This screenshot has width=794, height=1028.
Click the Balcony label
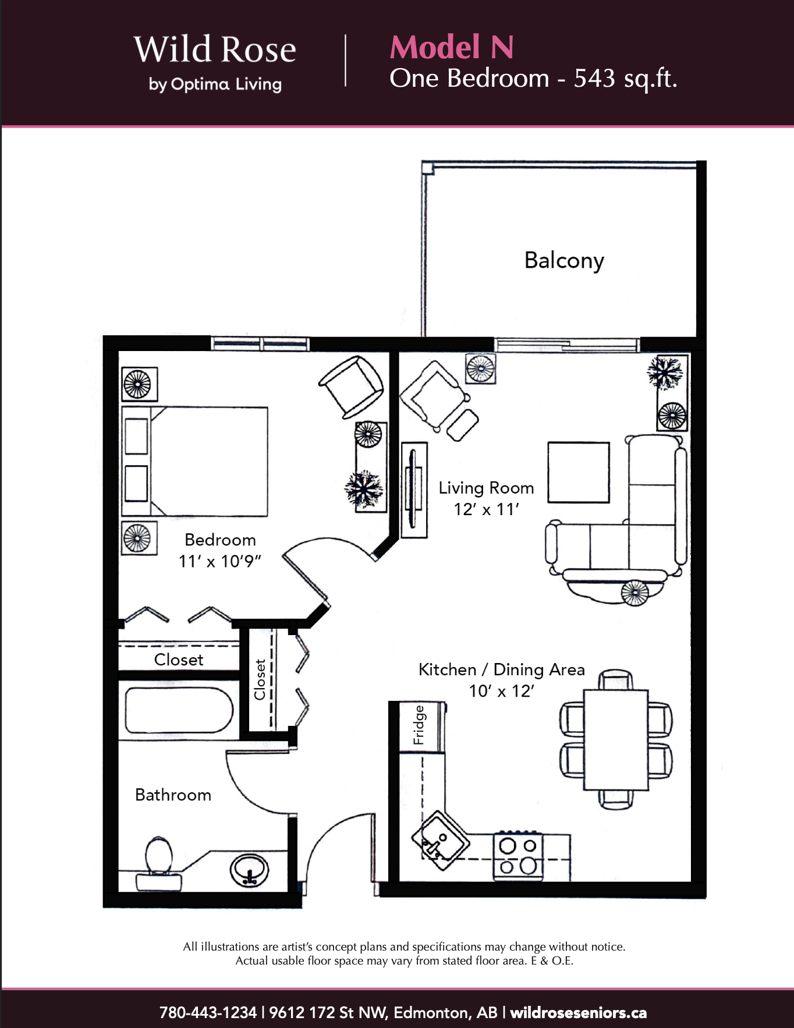[564, 261]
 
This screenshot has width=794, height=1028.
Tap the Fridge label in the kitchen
[419, 725]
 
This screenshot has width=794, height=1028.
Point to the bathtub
[179, 710]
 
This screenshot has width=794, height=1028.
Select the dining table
[616, 740]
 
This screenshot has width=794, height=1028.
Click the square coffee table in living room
[579, 472]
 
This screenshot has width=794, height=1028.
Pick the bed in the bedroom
[194, 462]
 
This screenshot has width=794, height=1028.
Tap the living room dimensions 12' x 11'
[486, 509]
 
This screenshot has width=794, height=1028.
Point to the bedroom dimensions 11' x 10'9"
[219, 561]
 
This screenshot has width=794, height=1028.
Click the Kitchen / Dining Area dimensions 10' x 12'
[501, 691]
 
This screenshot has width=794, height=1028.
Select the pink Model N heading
[452, 47]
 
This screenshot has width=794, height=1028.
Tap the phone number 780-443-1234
[208, 1012]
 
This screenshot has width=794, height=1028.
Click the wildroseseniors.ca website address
[579, 1012]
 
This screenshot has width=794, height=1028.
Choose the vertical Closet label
[260, 679]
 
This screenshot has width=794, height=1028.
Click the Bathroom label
[173, 795]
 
